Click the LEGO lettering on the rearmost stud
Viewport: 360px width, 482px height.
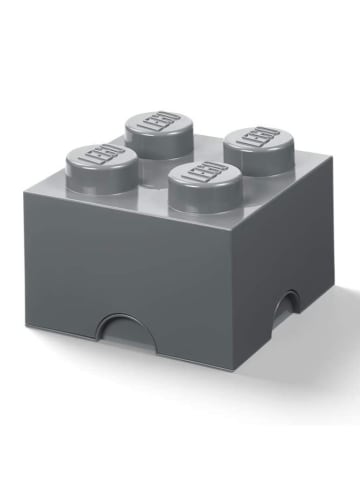click(158, 122)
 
